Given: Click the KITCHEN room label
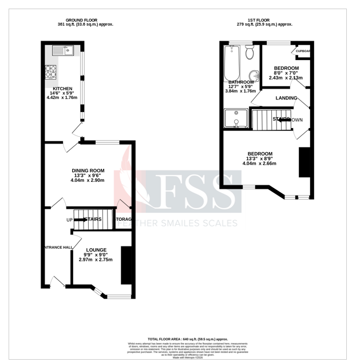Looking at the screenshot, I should point(62,89).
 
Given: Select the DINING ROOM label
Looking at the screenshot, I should point(88,170).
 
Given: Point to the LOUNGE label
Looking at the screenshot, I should point(96,250).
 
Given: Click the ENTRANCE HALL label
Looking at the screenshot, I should point(57,247).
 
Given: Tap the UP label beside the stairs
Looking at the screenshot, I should point(69,220).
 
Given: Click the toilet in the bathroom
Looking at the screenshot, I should point(249,54).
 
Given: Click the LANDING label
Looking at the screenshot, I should point(286,98).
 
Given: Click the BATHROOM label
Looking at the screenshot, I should point(242,82).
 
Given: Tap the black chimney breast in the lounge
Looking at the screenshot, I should point(125,265).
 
